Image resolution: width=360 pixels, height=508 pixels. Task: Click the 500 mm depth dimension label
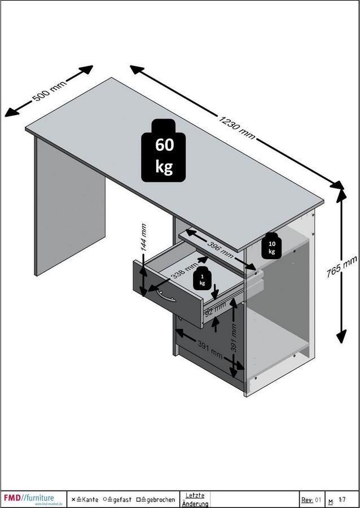click(x=50, y=90)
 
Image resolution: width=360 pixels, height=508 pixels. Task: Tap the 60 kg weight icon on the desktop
click(x=165, y=152)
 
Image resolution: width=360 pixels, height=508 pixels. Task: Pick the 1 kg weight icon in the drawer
click(x=202, y=279)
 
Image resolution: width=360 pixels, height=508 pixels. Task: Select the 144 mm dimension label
click(x=143, y=238)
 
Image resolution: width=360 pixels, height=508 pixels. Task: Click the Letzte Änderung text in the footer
click(x=195, y=500)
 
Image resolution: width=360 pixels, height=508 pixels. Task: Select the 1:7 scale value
click(x=342, y=500)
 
